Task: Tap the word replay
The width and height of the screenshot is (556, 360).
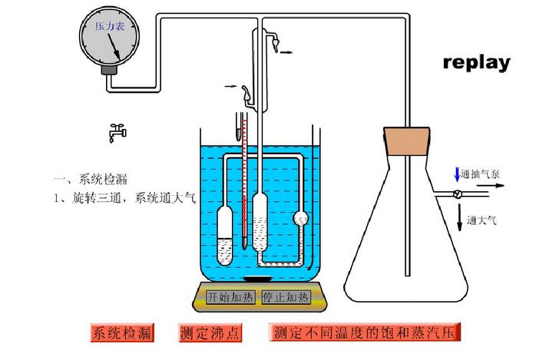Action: point(476,62)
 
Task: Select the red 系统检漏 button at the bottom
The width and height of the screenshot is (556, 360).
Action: point(121,334)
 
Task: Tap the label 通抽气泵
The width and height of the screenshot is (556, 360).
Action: point(483,175)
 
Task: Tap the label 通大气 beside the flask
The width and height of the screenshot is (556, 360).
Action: point(484,220)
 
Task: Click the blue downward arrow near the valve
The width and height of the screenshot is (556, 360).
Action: point(458,173)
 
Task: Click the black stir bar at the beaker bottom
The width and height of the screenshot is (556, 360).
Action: point(257,278)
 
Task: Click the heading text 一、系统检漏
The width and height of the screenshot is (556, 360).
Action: point(89,180)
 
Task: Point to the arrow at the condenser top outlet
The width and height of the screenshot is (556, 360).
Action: point(285,51)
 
